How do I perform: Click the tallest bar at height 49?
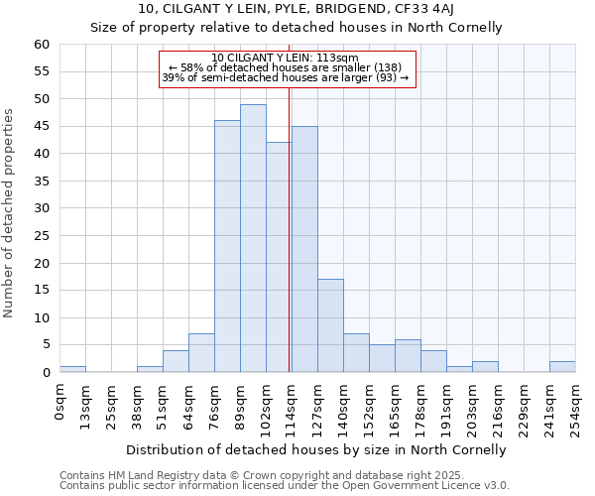click(253, 238)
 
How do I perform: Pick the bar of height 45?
click(304, 249)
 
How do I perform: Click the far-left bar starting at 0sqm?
click(72, 369)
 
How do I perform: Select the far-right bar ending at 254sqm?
click(562, 367)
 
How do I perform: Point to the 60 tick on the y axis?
click(42, 45)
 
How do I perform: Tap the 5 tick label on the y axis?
click(46, 345)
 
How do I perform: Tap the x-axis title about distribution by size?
click(317, 449)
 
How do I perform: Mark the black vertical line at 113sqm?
click(289, 228)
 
